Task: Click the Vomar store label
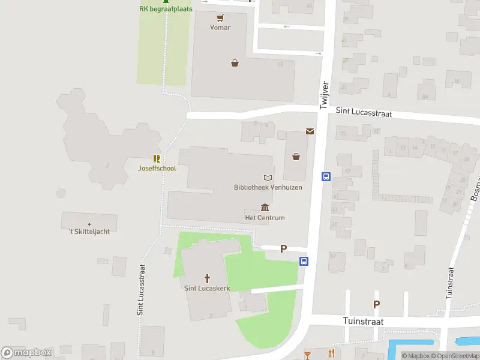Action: click(x=220, y=28)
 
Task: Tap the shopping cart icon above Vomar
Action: click(x=221, y=17)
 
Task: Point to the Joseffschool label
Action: click(x=157, y=169)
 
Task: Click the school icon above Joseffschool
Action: click(x=156, y=158)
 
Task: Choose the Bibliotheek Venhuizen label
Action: click(x=268, y=187)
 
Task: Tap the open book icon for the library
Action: click(x=268, y=178)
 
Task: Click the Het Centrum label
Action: click(x=265, y=218)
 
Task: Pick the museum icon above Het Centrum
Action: click(x=265, y=208)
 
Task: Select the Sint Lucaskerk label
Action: click(x=207, y=288)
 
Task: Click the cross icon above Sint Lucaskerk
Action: click(x=208, y=278)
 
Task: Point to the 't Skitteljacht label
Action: click(x=89, y=232)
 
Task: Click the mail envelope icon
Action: click(x=310, y=131)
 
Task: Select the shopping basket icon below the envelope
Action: click(x=296, y=157)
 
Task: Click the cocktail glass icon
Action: click(x=308, y=354)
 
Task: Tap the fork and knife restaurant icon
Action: click(x=331, y=353)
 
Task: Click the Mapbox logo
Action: click(x=26, y=353)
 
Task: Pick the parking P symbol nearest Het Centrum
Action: click(x=284, y=248)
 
